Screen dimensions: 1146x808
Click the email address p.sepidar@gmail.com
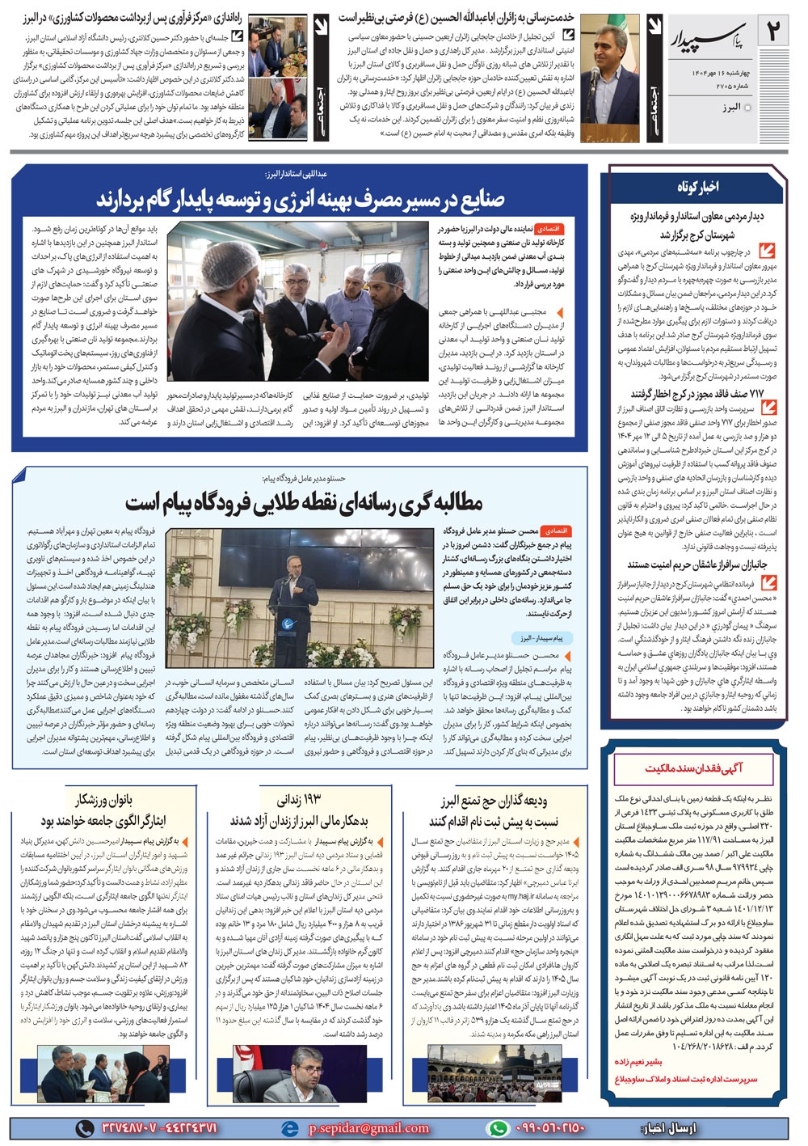368,1128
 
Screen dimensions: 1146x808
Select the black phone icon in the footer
85,1128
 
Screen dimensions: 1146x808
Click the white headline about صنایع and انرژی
300,198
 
